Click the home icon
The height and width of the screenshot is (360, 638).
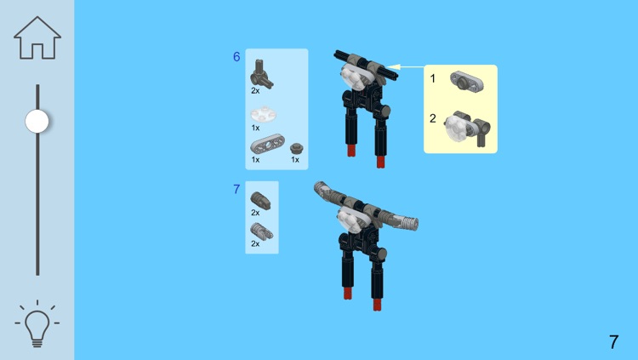[x=37, y=38]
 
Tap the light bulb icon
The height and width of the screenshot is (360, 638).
[x=37, y=324]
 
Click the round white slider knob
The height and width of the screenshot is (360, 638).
[x=37, y=121]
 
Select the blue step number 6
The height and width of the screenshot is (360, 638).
[x=236, y=57]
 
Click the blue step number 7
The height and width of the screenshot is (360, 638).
[x=236, y=189]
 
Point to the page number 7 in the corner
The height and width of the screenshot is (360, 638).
[x=613, y=341]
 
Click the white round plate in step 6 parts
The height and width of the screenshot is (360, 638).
[x=263, y=114]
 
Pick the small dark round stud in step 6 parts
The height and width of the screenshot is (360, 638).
[x=296, y=148]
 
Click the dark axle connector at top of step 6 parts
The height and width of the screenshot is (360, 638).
[x=261, y=74]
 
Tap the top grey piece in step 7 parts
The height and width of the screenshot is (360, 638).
[x=260, y=200]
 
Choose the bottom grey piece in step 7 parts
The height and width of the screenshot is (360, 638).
[x=261, y=231]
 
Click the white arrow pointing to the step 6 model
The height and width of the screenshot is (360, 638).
[x=405, y=66]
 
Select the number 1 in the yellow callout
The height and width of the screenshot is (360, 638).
[x=432, y=78]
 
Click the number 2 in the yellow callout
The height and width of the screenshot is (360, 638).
[x=432, y=118]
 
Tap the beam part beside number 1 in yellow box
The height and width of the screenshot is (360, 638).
[x=467, y=81]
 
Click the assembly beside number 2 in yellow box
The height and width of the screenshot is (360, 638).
[x=467, y=128]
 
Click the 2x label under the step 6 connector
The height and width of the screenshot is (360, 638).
[x=255, y=91]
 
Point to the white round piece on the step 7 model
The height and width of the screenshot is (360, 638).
[x=350, y=220]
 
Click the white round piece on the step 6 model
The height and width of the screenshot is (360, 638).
[x=353, y=77]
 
